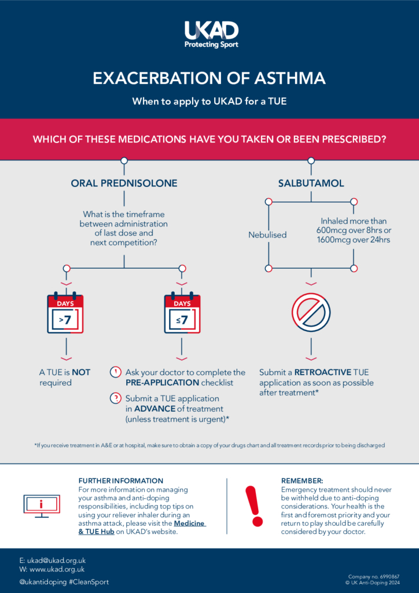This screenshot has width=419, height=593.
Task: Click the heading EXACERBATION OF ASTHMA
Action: point(209,78)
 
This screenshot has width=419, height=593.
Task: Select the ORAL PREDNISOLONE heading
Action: point(124,183)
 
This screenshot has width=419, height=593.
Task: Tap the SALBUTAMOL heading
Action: point(311,183)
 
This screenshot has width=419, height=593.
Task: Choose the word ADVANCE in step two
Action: point(155,409)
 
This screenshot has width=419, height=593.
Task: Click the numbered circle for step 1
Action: point(115,372)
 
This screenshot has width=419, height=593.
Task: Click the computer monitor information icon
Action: point(41,506)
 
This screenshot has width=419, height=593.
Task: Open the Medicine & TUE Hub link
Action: point(142,528)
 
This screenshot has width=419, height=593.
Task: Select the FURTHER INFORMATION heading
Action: point(120,481)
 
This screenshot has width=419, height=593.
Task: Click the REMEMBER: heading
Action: point(302,481)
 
